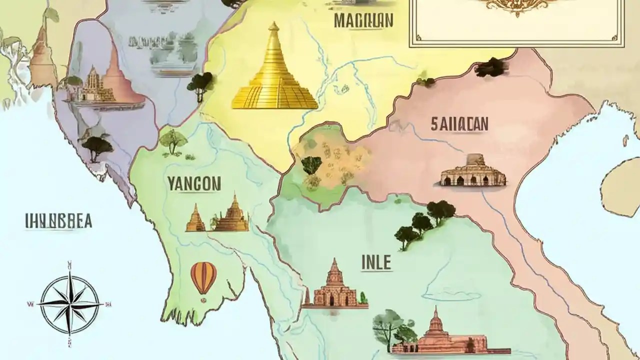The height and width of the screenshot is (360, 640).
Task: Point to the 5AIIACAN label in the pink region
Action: click(x=459, y=124)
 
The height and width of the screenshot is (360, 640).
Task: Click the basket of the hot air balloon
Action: click(x=203, y=300)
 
